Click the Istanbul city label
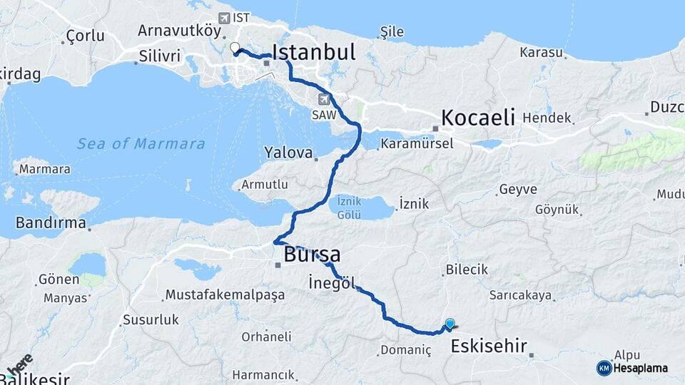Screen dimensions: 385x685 tap(314, 52)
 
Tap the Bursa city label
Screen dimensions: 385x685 tap(312, 255)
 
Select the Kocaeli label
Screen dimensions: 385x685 tap(477, 118)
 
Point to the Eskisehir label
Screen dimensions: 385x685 tap(489, 347)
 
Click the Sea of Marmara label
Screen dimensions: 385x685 tap(141, 144)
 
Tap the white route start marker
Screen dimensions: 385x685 tap(234, 48)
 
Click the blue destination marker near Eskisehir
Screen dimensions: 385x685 tap(450, 324)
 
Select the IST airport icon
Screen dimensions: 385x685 tap(225, 17)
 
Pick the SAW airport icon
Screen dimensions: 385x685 tap(325, 99)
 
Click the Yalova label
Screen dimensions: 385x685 tap(288, 153)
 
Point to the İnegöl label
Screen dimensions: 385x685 tap(332, 282)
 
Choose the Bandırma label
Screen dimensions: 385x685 tap(51, 223)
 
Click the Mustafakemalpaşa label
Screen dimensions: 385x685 tap(225, 294)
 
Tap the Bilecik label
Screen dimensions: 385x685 tap(467, 269)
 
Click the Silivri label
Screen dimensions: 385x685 tap(161, 55)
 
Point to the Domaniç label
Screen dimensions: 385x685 tap(406, 350)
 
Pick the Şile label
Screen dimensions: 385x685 tap(392, 31)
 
